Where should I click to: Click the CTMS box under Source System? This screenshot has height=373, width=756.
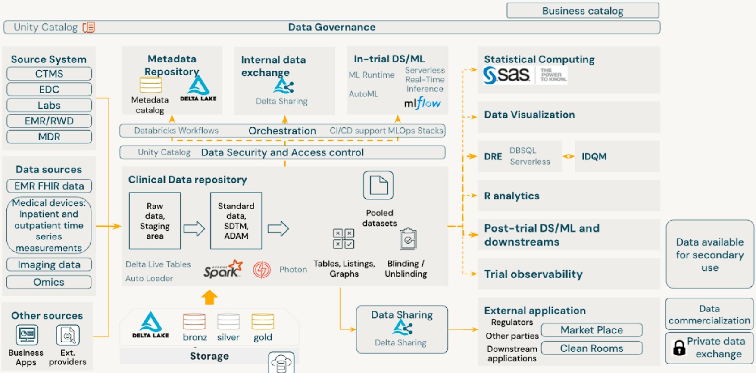(x=49, y=74)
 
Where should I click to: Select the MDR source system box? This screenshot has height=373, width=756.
(x=49, y=137)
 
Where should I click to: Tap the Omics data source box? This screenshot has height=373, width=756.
(x=49, y=282)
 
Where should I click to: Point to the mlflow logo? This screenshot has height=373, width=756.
(x=422, y=103)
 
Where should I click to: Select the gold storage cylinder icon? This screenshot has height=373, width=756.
(x=263, y=322)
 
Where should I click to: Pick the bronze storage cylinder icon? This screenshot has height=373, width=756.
(x=194, y=322)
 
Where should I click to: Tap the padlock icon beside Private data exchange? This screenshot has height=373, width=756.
(x=679, y=348)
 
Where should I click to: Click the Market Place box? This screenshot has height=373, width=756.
(x=592, y=330)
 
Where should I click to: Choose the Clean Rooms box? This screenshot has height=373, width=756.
(x=592, y=348)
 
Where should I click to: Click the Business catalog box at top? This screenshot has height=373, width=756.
(x=583, y=11)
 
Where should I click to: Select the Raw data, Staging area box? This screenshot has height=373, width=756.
(x=155, y=221)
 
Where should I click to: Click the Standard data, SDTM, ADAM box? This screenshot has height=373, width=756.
(x=236, y=221)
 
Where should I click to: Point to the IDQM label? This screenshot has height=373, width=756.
(x=594, y=157)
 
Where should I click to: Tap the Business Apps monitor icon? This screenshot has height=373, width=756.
(x=27, y=335)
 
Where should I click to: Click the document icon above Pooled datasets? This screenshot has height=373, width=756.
(x=378, y=185)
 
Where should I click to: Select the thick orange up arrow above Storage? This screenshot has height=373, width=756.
(x=209, y=297)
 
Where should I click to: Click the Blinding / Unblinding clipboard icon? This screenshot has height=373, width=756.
(x=408, y=239)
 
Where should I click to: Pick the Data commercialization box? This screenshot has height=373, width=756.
(x=709, y=314)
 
